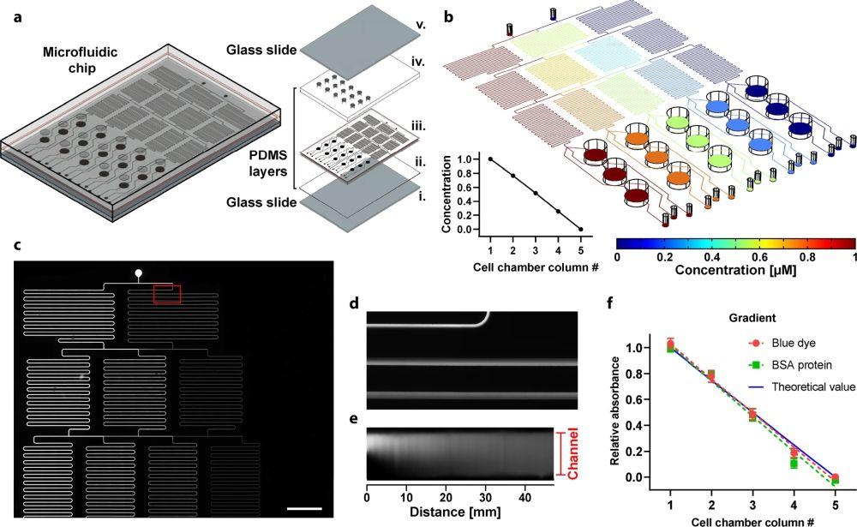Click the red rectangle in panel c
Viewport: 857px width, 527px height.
click(x=166, y=294)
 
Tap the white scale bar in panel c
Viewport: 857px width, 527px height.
click(x=304, y=509)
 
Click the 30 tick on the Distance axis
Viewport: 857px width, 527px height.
click(x=484, y=495)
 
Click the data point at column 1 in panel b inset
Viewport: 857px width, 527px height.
click(x=490, y=159)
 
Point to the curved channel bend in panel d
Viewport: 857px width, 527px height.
click(x=484, y=319)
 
